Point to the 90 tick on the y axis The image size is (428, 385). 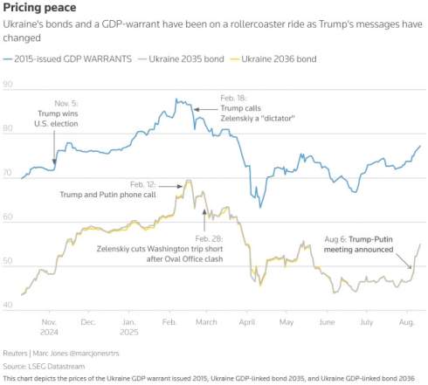pos(9,85)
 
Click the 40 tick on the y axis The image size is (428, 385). pos(9,304)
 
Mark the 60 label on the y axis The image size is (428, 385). pos(9,217)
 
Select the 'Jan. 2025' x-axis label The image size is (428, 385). pos(128,327)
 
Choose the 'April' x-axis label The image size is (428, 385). pos(251,322)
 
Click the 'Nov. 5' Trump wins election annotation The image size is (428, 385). pos(57,113)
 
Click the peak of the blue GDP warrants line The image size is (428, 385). pos(176,100)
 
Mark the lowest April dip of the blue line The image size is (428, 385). pos(261,207)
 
